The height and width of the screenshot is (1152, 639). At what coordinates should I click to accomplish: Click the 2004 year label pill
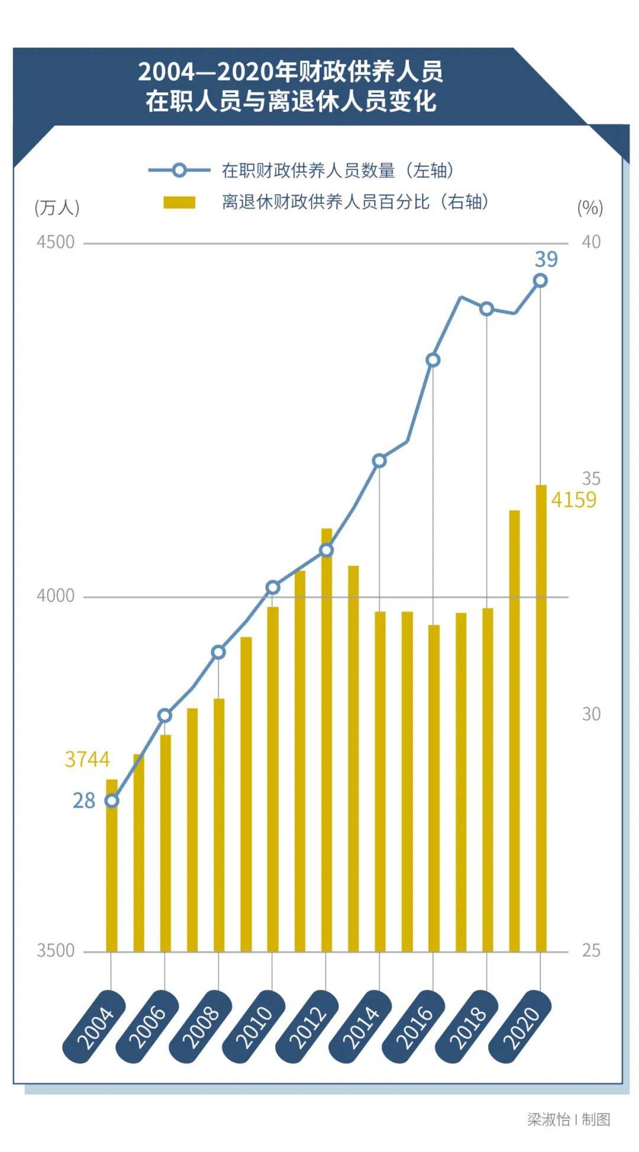95,1027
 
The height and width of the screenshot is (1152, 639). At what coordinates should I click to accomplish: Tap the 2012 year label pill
308,1027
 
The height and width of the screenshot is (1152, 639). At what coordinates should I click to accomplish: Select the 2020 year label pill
521,1027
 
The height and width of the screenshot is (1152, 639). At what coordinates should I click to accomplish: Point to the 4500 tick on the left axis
56,242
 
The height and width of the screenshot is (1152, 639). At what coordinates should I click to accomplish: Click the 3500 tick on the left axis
56,951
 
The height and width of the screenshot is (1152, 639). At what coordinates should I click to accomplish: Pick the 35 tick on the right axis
591,478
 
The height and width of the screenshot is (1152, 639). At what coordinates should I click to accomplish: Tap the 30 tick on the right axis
591,714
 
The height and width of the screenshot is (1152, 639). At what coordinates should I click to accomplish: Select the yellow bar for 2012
327,739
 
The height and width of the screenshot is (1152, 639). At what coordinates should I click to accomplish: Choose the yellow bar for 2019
515,730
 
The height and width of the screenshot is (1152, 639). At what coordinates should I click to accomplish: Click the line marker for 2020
540,281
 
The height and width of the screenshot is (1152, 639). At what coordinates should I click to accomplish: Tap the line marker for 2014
380,461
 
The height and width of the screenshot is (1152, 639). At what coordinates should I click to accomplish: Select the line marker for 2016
433,360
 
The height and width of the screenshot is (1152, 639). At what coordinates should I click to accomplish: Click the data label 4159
573,500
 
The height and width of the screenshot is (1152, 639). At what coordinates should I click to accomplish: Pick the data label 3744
88,759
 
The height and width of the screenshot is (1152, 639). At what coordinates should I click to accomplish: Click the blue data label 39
546,259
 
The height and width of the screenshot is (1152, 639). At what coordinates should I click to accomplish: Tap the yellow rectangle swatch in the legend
179,202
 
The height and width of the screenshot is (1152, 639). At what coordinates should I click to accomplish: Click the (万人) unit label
57,208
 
